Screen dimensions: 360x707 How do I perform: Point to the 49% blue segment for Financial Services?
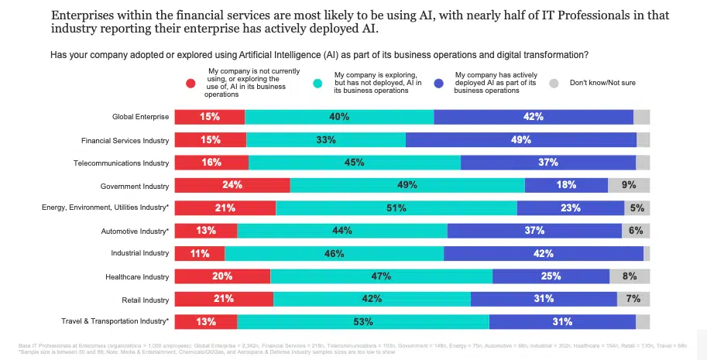pyautogui.click(x=520, y=140)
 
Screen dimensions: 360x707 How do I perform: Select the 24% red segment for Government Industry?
pyautogui.click(x=232, y=185)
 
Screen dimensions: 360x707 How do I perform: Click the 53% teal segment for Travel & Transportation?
pyautogui.click(x=363, y=321)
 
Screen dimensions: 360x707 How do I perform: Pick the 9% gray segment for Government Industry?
pyautogui.click(x=628, y=185)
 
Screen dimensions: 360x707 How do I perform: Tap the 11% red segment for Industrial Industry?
pyautogui.click(x=199, y=253)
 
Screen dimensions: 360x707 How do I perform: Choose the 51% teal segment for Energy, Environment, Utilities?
pyautogui.click(x=396, y=208)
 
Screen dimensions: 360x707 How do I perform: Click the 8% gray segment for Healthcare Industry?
pyautogui.click(x=629, y=276)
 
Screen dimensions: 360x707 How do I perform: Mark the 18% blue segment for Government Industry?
pyautogui.click(x=566, y=185)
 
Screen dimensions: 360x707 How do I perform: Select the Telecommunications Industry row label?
pyautogui.click(x=121, y=163)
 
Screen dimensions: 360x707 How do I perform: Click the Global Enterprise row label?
pyautogui.click(x=140, y=118)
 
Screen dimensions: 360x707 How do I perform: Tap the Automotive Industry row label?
pyautogui.click(x=135, y=231)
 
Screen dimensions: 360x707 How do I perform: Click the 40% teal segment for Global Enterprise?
pyautogui.click(x=339, y=117)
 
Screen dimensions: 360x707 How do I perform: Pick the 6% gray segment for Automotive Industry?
pyautogui.click(x=636, y=231)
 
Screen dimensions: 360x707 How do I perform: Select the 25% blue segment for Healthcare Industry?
pyautogui.click(x=551, y=276)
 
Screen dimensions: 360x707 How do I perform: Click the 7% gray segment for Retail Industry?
pyautogui.click(x=633, y=299)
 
